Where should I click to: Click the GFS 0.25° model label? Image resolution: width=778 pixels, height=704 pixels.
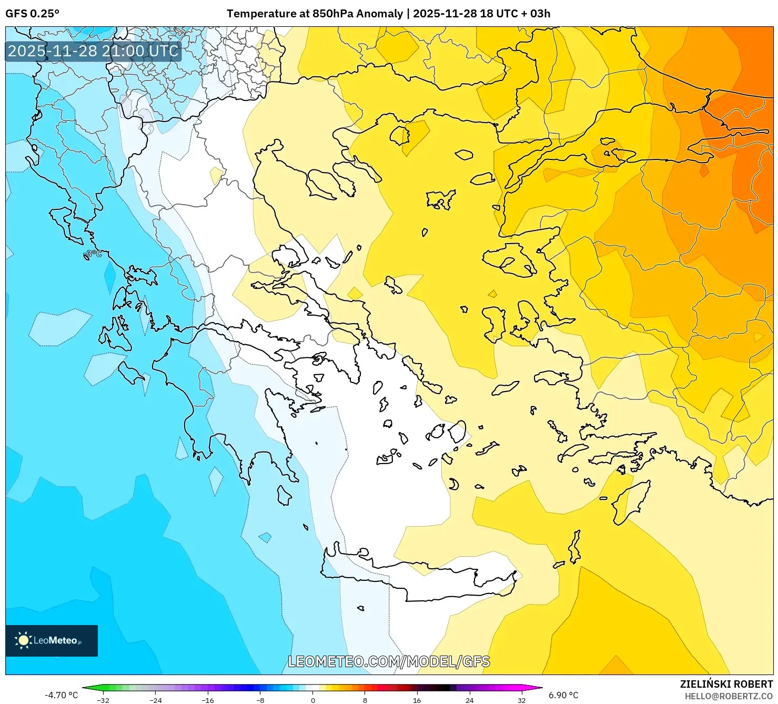pos(32,14)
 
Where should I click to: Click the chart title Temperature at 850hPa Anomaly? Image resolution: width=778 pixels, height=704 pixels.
pos(315,14)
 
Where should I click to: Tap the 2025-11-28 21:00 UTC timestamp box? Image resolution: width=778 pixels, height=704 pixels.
pos(93,51)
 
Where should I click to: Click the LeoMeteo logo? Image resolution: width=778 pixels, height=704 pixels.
pos(51,640)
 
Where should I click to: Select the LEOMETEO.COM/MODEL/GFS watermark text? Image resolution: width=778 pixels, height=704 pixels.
pos(389,661)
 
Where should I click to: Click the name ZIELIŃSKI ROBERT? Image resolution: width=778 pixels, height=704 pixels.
pos(726,685)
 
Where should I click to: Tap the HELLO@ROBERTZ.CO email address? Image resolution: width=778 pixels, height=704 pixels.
pos(729,696)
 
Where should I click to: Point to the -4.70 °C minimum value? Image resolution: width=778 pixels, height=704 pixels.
pos(61,695)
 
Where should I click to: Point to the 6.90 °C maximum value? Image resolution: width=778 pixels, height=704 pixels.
pos(563,695)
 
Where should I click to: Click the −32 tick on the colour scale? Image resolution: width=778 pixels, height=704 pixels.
pos(103,700)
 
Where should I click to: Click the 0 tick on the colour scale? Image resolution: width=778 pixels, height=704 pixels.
pos(313,700)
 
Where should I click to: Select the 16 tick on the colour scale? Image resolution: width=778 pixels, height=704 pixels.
pos(417,700)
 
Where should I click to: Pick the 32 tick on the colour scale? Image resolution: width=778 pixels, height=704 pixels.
pos(521,700)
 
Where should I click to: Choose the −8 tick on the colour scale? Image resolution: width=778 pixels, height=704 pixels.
pos(260,700)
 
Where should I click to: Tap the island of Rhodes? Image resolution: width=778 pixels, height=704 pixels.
pos(629,502)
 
